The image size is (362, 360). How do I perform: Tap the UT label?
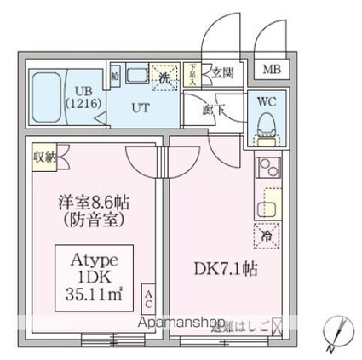coord(141,108)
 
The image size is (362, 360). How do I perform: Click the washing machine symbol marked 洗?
coord(164,76)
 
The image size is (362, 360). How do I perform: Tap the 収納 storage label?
coord(45,156)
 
